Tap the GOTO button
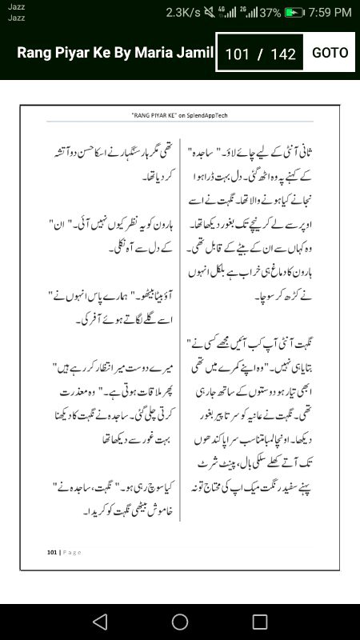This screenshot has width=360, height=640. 330,53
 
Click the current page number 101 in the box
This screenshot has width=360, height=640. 238,54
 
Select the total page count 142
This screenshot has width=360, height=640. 283,54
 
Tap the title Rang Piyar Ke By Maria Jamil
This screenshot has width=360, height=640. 115,54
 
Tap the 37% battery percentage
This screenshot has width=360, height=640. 270,13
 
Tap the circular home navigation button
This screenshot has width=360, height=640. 180,622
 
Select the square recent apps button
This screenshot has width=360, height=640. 260,622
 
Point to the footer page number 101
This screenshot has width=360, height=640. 52,551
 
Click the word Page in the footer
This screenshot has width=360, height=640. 70,551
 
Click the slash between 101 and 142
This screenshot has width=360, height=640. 260,54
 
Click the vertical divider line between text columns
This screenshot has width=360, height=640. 182,320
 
